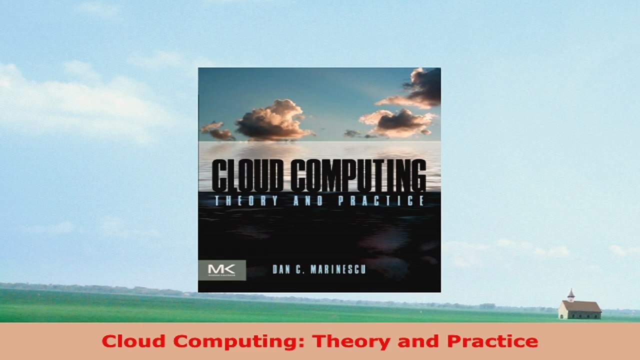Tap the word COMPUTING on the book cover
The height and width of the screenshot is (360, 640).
point(358,176)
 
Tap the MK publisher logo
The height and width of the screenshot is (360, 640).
point(222,269)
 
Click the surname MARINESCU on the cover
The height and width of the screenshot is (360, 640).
point(337,270)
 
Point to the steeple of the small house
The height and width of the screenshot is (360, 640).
point(570,294)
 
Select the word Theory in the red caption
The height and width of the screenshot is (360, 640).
point(350,341)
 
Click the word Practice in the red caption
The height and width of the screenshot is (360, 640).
point(492,341)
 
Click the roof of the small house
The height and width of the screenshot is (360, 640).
point(582,305)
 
